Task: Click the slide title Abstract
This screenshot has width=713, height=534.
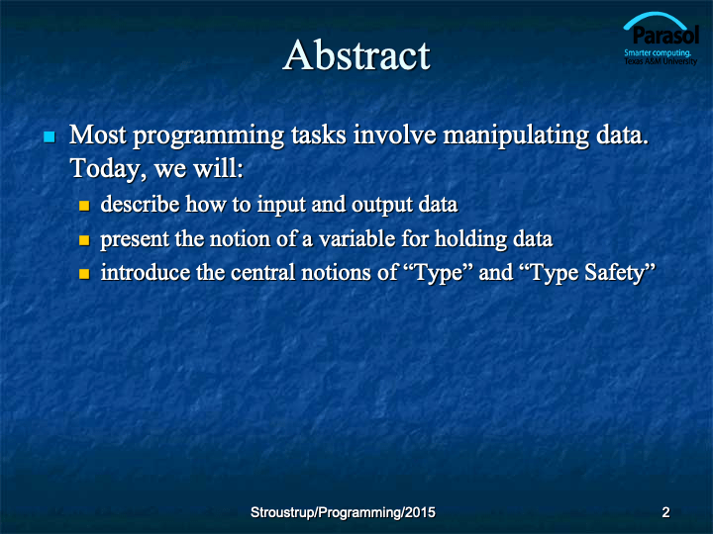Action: [x=356, y=55]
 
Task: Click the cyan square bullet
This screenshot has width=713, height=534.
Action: [x=50, y=136]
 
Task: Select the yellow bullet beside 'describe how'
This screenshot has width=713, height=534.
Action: [x=84, y=206]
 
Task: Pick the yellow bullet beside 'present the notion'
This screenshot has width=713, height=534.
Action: [x=84, y=239]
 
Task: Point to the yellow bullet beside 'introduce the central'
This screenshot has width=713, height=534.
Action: [x=84, y=274]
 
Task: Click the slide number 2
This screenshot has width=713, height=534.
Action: [x=665, y=512]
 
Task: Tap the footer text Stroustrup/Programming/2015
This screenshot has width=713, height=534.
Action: [x=343, y=512]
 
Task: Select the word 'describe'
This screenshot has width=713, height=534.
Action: [x=140, y=205]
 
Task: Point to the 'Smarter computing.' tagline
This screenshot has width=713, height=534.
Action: [x=658, y=52]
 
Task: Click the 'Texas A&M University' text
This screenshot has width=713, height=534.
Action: [x=661, y=61]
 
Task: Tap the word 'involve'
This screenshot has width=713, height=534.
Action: [x=395, y=135]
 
